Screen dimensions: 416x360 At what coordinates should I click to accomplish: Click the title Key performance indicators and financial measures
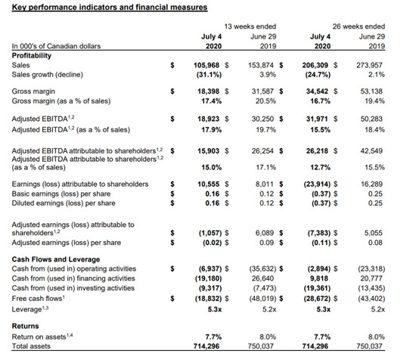coord(110,7)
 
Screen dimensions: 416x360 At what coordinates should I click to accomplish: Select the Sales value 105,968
coord(206,65)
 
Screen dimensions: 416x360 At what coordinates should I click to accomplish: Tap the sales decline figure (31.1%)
coord(209,75)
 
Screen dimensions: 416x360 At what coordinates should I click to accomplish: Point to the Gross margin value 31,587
coord(262,92)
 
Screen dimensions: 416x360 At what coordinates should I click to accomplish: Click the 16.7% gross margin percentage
coord(321,101)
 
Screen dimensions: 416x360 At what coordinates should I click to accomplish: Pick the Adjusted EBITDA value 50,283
coord(371,119)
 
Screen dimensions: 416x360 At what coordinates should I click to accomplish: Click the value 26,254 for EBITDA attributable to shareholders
coord(262,151)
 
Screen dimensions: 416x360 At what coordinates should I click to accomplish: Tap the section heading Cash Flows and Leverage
coord(56,259)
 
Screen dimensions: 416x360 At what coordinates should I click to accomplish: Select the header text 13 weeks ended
coord(250,26)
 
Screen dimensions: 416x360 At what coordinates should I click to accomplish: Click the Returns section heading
coord(25,326)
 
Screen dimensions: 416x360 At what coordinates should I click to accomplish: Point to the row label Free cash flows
coord(39,299)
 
